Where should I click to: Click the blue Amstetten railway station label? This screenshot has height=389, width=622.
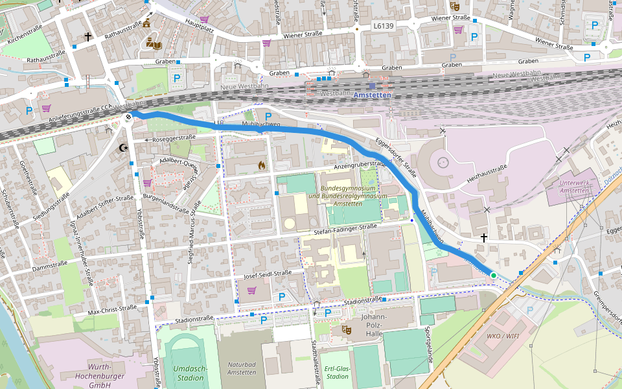(x=373, y=95)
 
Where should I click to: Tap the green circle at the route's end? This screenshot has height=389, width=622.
(x=493, y=276)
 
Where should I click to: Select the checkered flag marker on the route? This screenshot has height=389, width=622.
(x=129, y=117)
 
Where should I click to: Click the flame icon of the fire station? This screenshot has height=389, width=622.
(x=261, y=166)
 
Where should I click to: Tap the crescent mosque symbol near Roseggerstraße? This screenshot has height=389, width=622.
(x=124, y=148)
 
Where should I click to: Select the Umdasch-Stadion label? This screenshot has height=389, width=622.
(x=190, y=373)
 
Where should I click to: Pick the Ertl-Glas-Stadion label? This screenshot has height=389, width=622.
(x=337, y=371)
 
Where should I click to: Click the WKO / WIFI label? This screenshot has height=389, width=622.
(x=503, y=336)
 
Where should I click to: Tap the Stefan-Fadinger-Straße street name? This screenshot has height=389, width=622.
(x=345, y=227)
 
